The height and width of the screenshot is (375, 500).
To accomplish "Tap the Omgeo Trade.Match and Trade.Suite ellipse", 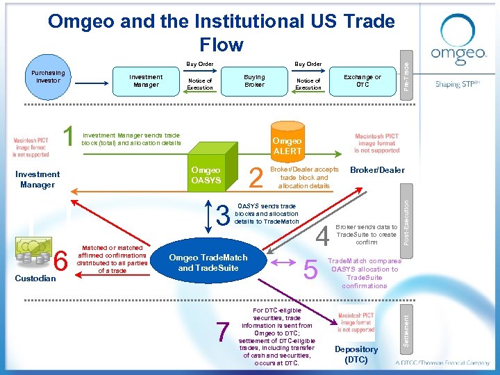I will (208, 262).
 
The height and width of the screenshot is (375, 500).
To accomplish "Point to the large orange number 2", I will (256, 178).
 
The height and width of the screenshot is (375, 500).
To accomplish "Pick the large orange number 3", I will (223, 217).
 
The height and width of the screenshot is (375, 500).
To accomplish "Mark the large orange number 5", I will (312, 267).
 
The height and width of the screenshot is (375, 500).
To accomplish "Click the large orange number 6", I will (60, 262).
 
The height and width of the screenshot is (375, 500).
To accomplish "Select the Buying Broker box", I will (254, 81).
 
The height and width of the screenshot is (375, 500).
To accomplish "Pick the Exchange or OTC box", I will (362, 81).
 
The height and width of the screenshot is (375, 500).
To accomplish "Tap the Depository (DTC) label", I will (356, 354).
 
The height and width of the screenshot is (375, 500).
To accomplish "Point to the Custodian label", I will (35, 278).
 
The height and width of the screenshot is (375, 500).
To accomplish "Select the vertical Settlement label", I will (408, 320).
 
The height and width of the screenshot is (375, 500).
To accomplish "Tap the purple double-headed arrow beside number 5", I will (282, 262).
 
